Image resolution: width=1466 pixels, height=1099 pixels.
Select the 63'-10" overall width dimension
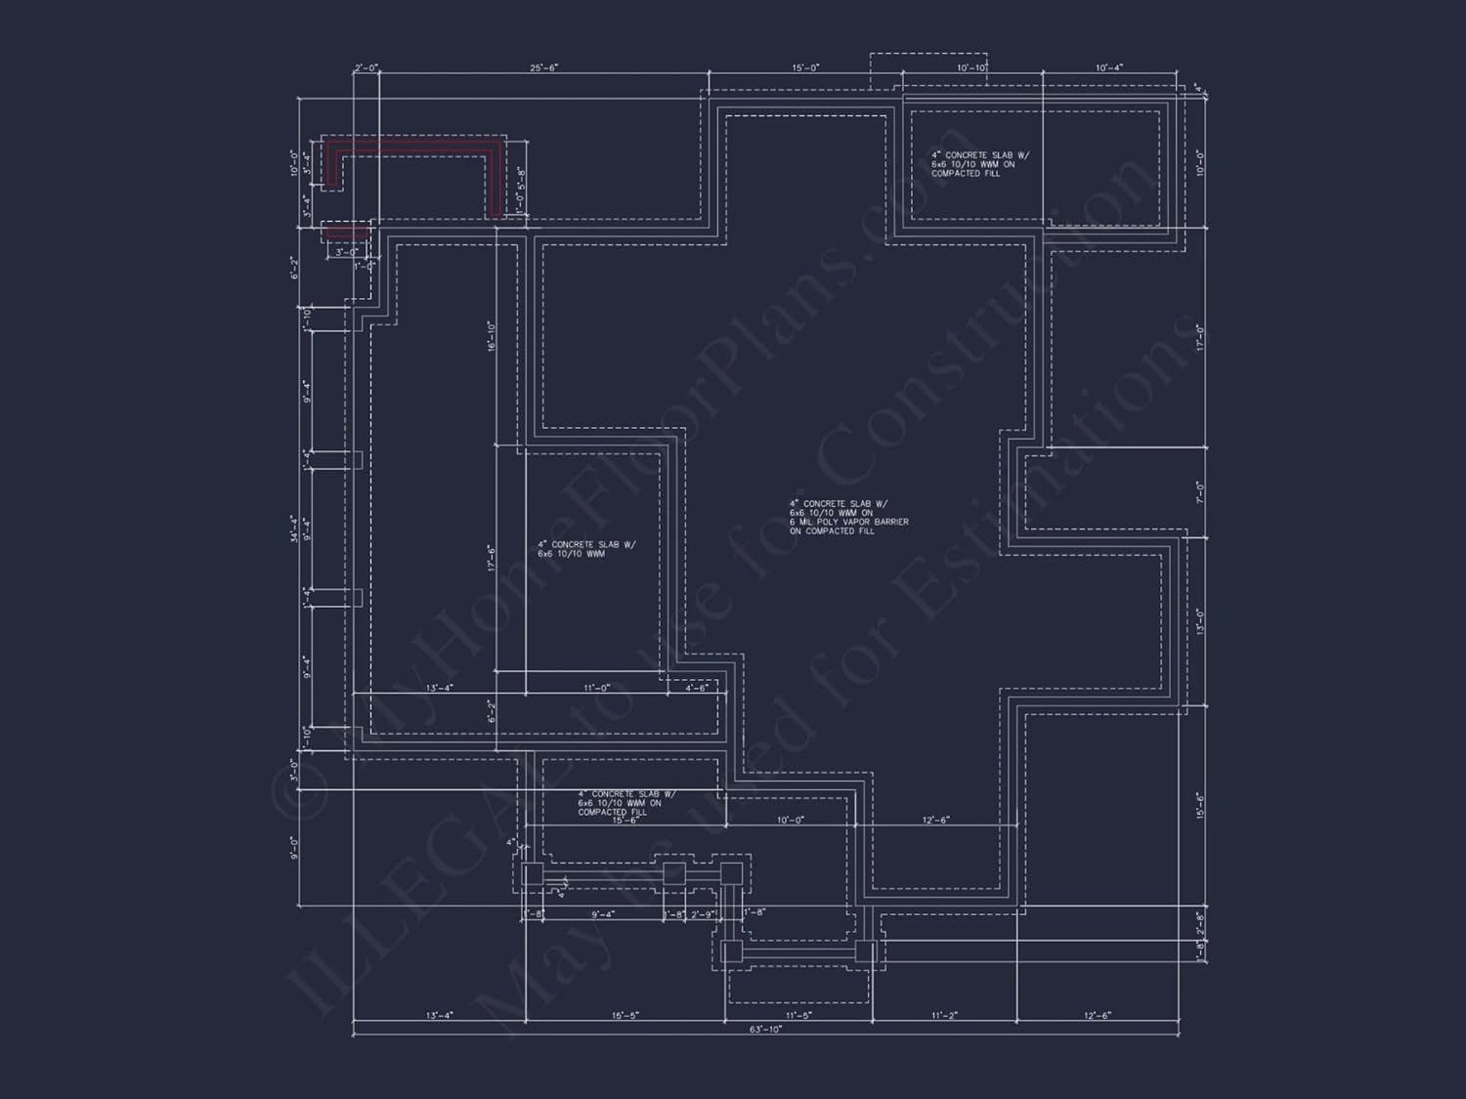765,1029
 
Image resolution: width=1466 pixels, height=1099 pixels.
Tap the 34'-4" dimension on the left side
294,528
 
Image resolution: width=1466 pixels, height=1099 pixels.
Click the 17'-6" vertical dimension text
491,558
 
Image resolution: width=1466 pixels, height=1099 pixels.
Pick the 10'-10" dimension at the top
971,68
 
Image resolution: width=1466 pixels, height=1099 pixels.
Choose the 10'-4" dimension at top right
1109,68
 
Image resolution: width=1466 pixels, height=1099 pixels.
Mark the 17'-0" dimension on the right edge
1201,338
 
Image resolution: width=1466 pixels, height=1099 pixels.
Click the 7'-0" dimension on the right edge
1201,491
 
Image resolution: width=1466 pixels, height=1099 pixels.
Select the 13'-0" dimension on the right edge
1201,620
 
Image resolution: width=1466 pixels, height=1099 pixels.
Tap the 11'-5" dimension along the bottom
798,1015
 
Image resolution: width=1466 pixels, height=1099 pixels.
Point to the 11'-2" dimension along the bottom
943,1015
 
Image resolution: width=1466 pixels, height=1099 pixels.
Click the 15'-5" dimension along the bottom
625,1015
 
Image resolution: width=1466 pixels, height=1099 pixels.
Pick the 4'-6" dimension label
697,688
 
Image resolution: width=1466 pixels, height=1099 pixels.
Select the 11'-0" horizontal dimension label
596,688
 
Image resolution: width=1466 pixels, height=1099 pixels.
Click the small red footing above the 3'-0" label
346,232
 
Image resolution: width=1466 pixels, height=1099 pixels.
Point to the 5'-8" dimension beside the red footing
522,177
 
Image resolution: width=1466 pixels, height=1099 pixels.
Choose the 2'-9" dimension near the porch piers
704,914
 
